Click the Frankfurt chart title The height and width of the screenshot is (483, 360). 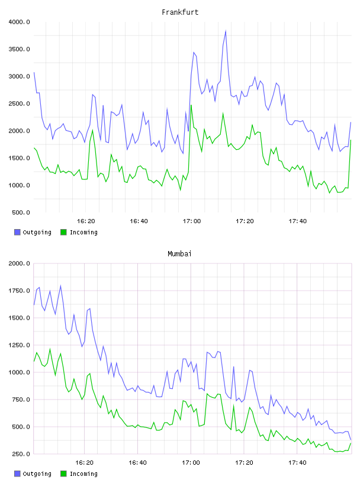coord(180,12)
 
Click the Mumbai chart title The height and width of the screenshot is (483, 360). coord(179,254)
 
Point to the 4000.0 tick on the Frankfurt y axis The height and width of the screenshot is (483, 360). coord(19,22)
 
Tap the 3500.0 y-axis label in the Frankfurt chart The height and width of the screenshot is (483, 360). coord(19,49)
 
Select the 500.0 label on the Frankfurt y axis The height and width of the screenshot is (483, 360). coord(21,212)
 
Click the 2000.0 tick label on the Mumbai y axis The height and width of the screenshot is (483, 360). coord(19,263)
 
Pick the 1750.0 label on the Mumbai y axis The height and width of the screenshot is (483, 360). coord(19,291)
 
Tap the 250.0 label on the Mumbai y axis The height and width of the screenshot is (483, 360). coord(21,454)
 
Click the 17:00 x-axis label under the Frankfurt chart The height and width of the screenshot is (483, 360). coord(192,221)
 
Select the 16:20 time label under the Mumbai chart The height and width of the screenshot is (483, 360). coord(85,463)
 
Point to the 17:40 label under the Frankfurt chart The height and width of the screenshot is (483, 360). coord(298,221)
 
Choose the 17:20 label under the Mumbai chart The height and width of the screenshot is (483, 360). coord(244,463)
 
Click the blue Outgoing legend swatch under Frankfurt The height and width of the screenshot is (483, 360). coord(17,232)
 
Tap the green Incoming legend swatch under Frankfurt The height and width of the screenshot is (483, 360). coord(63,232)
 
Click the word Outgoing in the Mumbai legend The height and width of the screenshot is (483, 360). coord(37,474)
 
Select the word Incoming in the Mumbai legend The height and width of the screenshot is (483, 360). coord(83,474)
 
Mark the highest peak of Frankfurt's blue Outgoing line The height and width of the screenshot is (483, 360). coord(226,31)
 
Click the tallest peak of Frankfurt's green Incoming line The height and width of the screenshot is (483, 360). coord(191,105)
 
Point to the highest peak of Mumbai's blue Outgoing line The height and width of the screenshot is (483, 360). coord(60,286)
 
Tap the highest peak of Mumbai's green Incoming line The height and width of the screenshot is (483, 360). coord(50,349)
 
